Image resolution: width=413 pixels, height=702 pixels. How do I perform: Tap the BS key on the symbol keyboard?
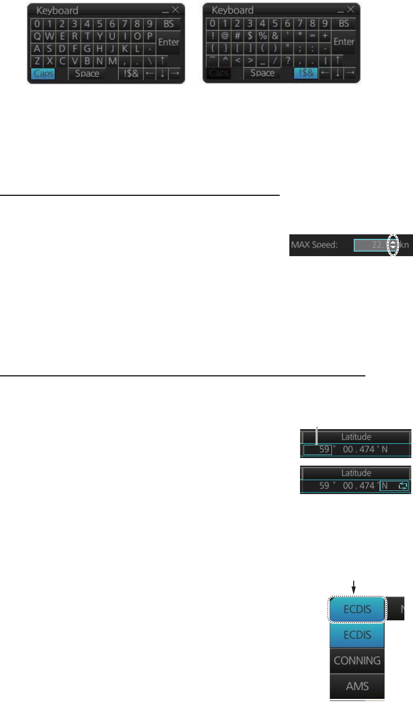pos(344,23)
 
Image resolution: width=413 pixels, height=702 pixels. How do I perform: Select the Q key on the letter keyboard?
pos(37,37)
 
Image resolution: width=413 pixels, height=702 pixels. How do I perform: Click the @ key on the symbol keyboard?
pos(225,37)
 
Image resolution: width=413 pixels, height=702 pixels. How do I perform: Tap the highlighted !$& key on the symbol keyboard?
pos(306,74)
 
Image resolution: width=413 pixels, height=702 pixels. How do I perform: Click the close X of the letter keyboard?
pos(175,10)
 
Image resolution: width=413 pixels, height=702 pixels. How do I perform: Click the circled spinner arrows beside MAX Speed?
pos(393,244)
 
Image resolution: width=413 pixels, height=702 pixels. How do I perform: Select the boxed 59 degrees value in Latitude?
pos(318,450)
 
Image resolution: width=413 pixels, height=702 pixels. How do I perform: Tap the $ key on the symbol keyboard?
pos(250,37)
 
